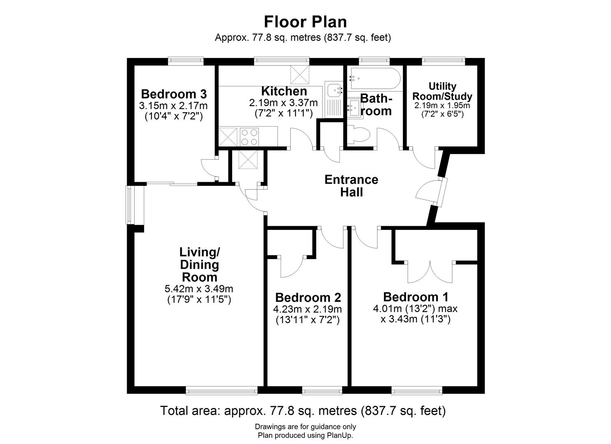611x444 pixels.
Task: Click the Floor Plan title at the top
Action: [305, 21]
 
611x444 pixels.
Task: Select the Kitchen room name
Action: [284, 91]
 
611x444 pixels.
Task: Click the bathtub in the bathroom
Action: [374, 79]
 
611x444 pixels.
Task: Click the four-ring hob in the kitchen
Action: [250, 137]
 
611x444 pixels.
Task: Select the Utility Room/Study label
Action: [442, 91]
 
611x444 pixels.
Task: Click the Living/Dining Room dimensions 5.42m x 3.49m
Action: [199, 289]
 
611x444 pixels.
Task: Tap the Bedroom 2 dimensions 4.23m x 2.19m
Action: [307, 309]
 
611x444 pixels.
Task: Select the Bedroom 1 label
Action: [416, 297]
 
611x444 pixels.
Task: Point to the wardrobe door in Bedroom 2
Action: [292, 267]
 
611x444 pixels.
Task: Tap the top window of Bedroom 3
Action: [186, 61]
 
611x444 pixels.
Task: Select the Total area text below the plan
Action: [302, 410]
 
